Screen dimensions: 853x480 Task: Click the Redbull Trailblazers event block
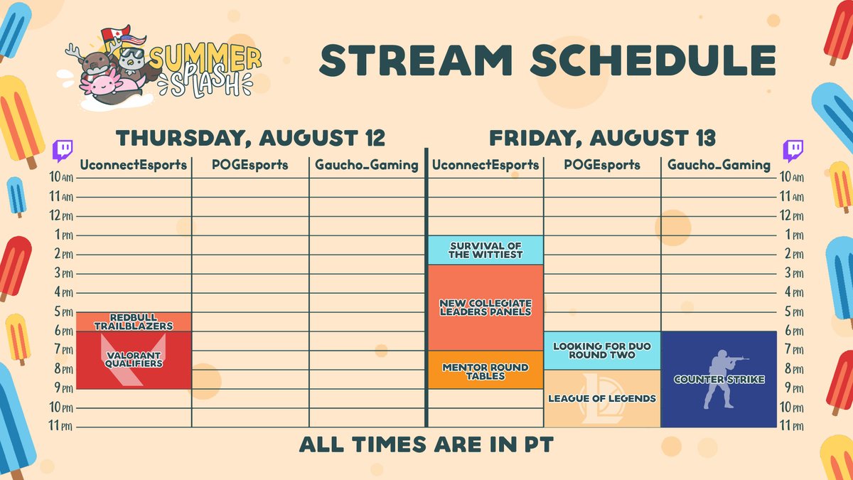pos(134,322)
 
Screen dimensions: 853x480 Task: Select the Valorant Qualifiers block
pos(134,360)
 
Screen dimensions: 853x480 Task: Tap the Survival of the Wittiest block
pos(485,250)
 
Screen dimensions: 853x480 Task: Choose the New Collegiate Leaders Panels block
pos(485,307)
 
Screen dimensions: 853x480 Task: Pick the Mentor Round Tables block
pos(485,370)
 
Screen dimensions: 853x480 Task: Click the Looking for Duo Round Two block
pos(602,351)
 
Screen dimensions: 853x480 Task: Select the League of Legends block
pos(602,398)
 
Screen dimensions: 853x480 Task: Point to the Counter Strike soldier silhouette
pos(721,379)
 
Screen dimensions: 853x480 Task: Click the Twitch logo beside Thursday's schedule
pos(63,151)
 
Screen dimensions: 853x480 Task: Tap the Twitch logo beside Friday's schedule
pos(793,151)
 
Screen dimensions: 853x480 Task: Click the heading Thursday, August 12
pos(250,138)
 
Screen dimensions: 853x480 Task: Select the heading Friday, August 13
pos(602,138)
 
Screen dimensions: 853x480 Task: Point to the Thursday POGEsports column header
pos(250,164)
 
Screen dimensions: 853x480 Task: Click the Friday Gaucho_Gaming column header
pos(719,165)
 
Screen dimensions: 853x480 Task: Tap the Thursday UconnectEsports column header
pos(134,165)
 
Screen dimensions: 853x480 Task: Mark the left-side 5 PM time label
pos(63,311)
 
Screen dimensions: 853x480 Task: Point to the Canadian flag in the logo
pos(116,33)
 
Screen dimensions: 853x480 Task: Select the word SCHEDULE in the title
pos(653,60)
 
